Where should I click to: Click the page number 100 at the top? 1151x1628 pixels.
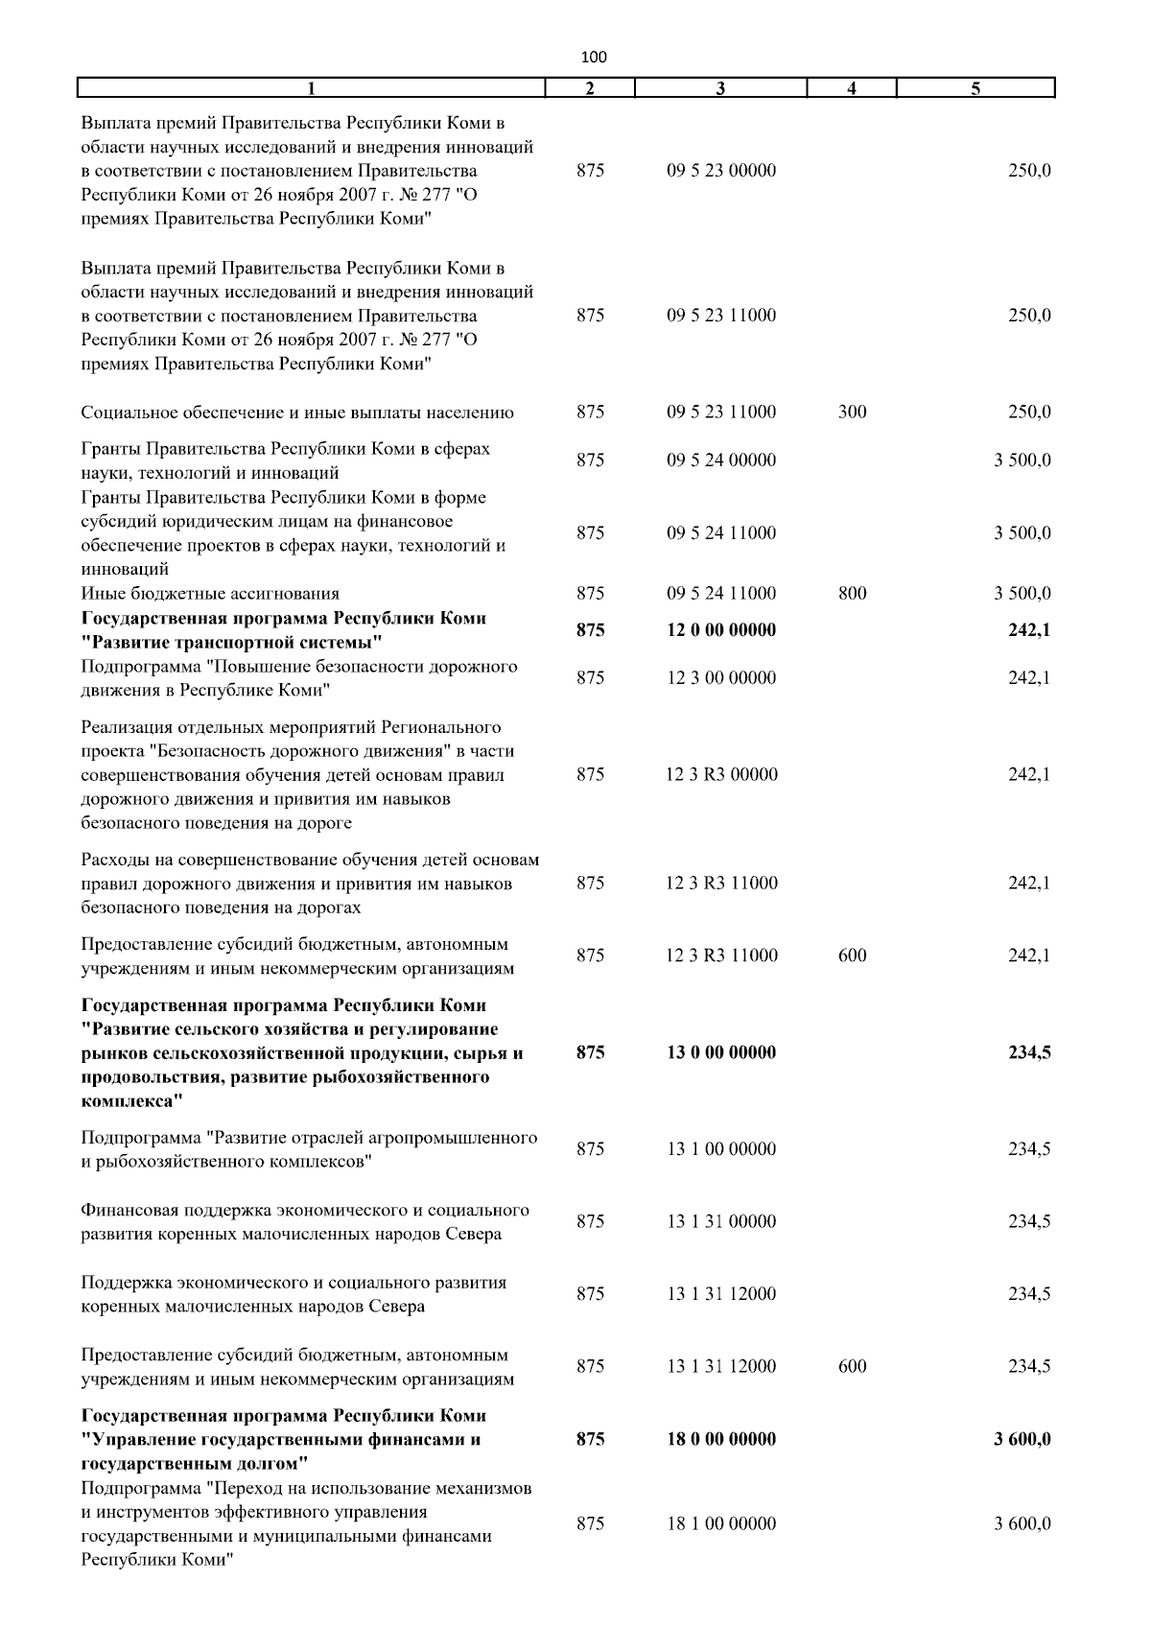[x=594, y=57]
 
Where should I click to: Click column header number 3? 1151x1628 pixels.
[x=720, y=89]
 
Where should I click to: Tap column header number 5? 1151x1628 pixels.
[x=975, y=89]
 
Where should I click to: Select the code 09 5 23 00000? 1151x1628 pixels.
[x=721, y=172]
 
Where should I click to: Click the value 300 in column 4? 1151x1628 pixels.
[x=852, y=413]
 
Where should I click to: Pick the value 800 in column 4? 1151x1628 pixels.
[x=852, y=594]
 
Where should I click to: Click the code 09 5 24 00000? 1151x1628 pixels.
[x=721, y=460]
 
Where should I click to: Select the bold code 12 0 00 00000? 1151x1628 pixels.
[x=721, y=630]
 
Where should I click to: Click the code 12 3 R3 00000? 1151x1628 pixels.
[x=721, y=775]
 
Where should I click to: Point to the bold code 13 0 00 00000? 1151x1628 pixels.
[x=721, y=1052]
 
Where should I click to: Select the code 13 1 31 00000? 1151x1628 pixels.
[x=721, y=1222]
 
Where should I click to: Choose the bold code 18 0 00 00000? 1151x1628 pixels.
[x=721, y=1439]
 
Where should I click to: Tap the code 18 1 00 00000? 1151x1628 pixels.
[x=721, y=1523]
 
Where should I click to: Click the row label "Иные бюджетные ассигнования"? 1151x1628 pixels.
[x=210, y=594]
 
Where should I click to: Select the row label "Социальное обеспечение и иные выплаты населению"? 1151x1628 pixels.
[x=297, y=413]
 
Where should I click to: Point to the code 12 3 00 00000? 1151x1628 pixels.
[x=721, y=678]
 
